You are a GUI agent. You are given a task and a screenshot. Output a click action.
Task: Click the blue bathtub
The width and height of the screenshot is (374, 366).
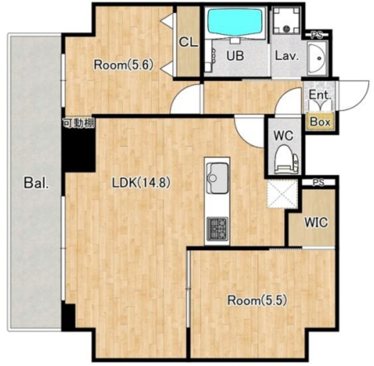tap(235, 22)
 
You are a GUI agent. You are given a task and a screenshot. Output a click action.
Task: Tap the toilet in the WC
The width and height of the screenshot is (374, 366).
tap(286, 159)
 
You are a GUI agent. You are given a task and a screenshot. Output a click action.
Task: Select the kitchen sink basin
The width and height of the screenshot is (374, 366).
tap(217, 178)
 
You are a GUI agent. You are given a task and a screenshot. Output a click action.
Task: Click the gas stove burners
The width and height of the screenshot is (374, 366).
tap(217, 229)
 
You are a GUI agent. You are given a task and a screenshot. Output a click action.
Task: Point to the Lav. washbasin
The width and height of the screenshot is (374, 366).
tap(317, 58)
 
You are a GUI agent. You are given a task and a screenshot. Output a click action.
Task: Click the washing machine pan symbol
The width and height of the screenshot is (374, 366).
tap(286, 20)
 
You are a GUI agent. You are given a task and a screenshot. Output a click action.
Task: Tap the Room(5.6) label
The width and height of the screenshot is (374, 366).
tap(123, 65)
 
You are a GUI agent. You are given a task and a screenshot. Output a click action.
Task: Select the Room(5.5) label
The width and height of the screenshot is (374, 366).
tap(257, 301)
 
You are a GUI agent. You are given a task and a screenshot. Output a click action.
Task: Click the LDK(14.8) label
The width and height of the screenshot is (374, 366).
tap(141, 183)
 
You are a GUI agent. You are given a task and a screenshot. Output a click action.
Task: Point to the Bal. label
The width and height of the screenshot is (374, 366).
tap(36, 183)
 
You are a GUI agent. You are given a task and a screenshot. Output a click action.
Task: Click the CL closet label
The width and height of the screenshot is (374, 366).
tap(188, 42)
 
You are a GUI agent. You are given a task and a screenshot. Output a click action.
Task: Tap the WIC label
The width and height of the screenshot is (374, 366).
tap(316, 222)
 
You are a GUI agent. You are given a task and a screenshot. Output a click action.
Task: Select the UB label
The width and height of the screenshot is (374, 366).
tap(235, 56)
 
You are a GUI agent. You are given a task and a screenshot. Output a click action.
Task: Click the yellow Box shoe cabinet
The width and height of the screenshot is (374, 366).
tap(320, 122)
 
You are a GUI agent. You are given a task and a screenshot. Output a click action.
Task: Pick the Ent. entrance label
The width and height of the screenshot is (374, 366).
tap(320, 95)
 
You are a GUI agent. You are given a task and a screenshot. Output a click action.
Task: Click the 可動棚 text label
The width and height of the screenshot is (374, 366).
tap(79, 123)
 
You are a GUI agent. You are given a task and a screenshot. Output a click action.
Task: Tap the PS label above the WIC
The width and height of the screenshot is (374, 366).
tap(318, 182)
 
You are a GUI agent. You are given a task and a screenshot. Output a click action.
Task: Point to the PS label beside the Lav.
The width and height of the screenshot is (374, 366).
tap(317, 35)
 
